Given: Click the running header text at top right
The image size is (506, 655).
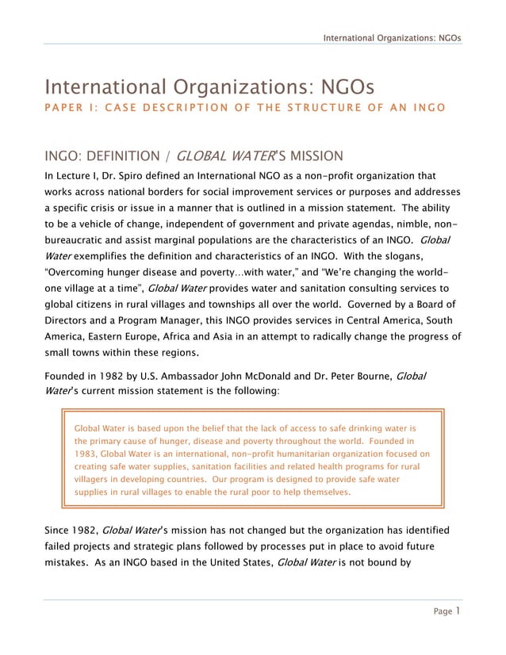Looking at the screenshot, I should [x=393, y=37].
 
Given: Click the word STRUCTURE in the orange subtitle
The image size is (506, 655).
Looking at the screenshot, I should [x=277, y=107].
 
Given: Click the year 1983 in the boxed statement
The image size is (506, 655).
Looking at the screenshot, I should [x=85, y=454].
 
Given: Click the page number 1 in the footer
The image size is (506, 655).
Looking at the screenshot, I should [x=458, y=611].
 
